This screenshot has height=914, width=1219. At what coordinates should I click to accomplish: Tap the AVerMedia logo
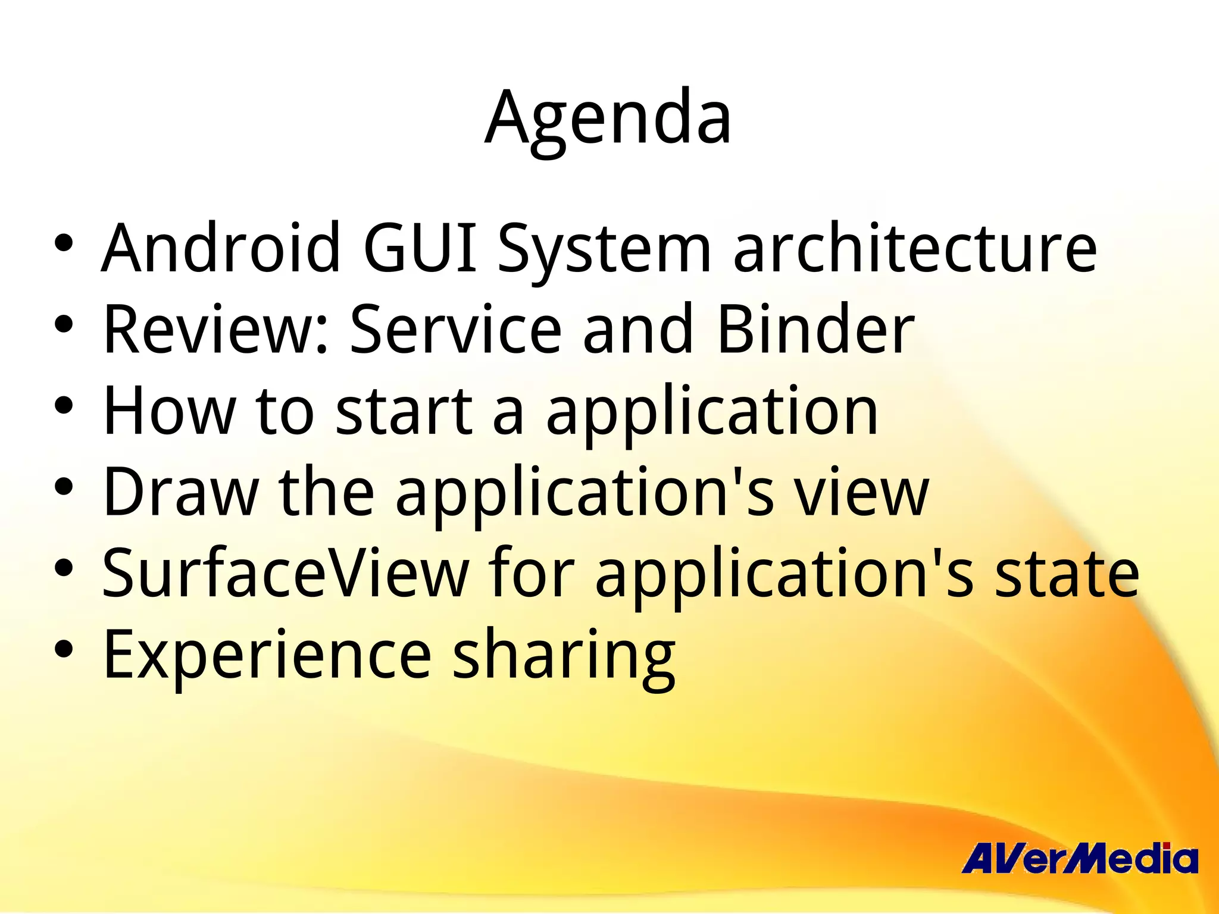point(1079,859)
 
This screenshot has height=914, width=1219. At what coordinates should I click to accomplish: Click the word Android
point(221,248)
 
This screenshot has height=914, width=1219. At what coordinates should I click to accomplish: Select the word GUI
point(420,248)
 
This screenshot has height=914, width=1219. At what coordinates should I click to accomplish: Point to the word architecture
point(915,248)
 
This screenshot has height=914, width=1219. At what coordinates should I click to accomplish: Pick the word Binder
point(815,329)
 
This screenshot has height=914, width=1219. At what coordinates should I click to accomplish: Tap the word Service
point(455,329)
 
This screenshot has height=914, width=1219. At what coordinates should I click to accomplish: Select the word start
point(404,411)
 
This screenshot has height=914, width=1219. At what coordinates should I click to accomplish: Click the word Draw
point(180,492)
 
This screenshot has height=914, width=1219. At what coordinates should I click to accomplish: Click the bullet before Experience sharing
point(63,649)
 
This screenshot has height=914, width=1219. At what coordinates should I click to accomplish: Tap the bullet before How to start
point(63,405)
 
